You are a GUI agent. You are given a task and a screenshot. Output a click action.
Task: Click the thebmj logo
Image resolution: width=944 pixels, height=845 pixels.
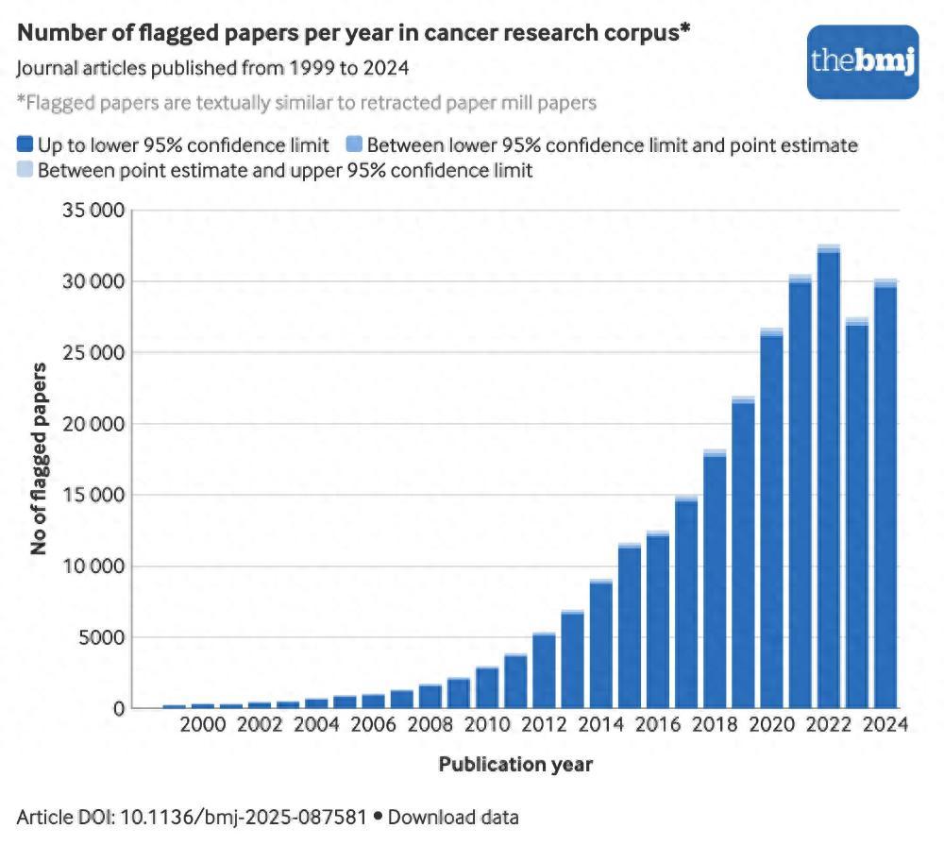point(863,61)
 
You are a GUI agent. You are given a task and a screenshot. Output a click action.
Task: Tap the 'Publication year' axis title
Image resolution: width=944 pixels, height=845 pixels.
point(515,764)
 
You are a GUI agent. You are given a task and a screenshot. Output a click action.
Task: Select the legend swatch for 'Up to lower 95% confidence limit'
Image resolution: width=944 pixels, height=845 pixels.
point(25,145)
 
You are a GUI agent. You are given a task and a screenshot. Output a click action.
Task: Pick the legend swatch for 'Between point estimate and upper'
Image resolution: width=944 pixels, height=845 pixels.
point(25,170)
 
